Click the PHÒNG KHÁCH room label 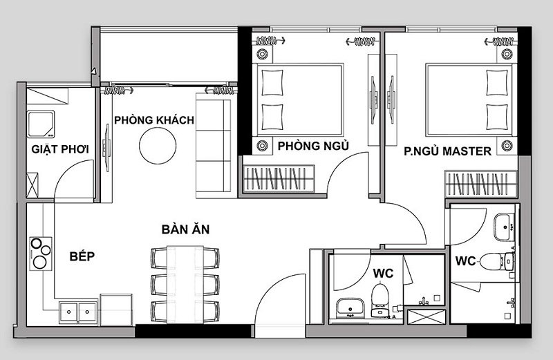click(x=154, y=120)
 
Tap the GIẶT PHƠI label click(x=60, y=149)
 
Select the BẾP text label click(x=82, y=256)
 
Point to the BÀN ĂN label click(x=185, y=229)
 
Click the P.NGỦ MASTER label click(x=447, y=151)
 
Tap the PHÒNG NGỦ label click(x=313, y=146)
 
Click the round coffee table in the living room click(x=158, y=146)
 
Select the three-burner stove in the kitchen click(x=41, y=254)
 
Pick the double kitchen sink click(x=78, y=312)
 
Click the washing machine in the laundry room click(x=41, y=124)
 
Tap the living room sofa click(x=214, y=146)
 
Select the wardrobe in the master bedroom click(x=480, y=184)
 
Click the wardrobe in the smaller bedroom click(x=279, y=178)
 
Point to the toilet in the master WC click(x=497, y=261)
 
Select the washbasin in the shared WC click(x=350, y=307)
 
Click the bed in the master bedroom click(x=469, y=100)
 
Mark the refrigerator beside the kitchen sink click(x=116, y=310)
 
